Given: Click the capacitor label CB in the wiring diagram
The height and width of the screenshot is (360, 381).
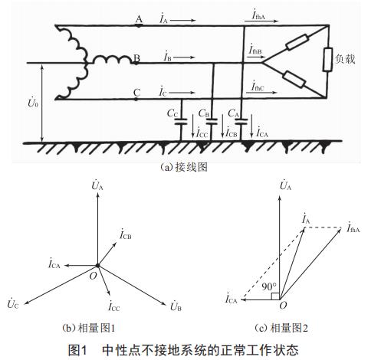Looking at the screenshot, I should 203,113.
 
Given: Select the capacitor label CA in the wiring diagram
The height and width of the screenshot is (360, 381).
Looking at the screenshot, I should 233,113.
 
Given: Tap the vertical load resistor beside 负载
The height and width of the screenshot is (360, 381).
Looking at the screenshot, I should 327,59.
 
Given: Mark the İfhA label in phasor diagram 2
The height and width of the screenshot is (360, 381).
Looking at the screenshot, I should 355,227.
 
